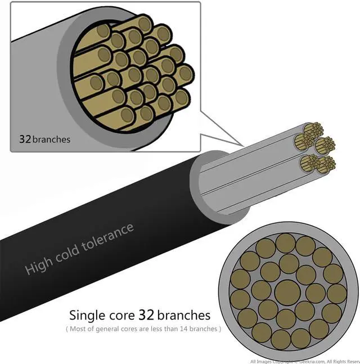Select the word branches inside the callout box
[x=51, y=138]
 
